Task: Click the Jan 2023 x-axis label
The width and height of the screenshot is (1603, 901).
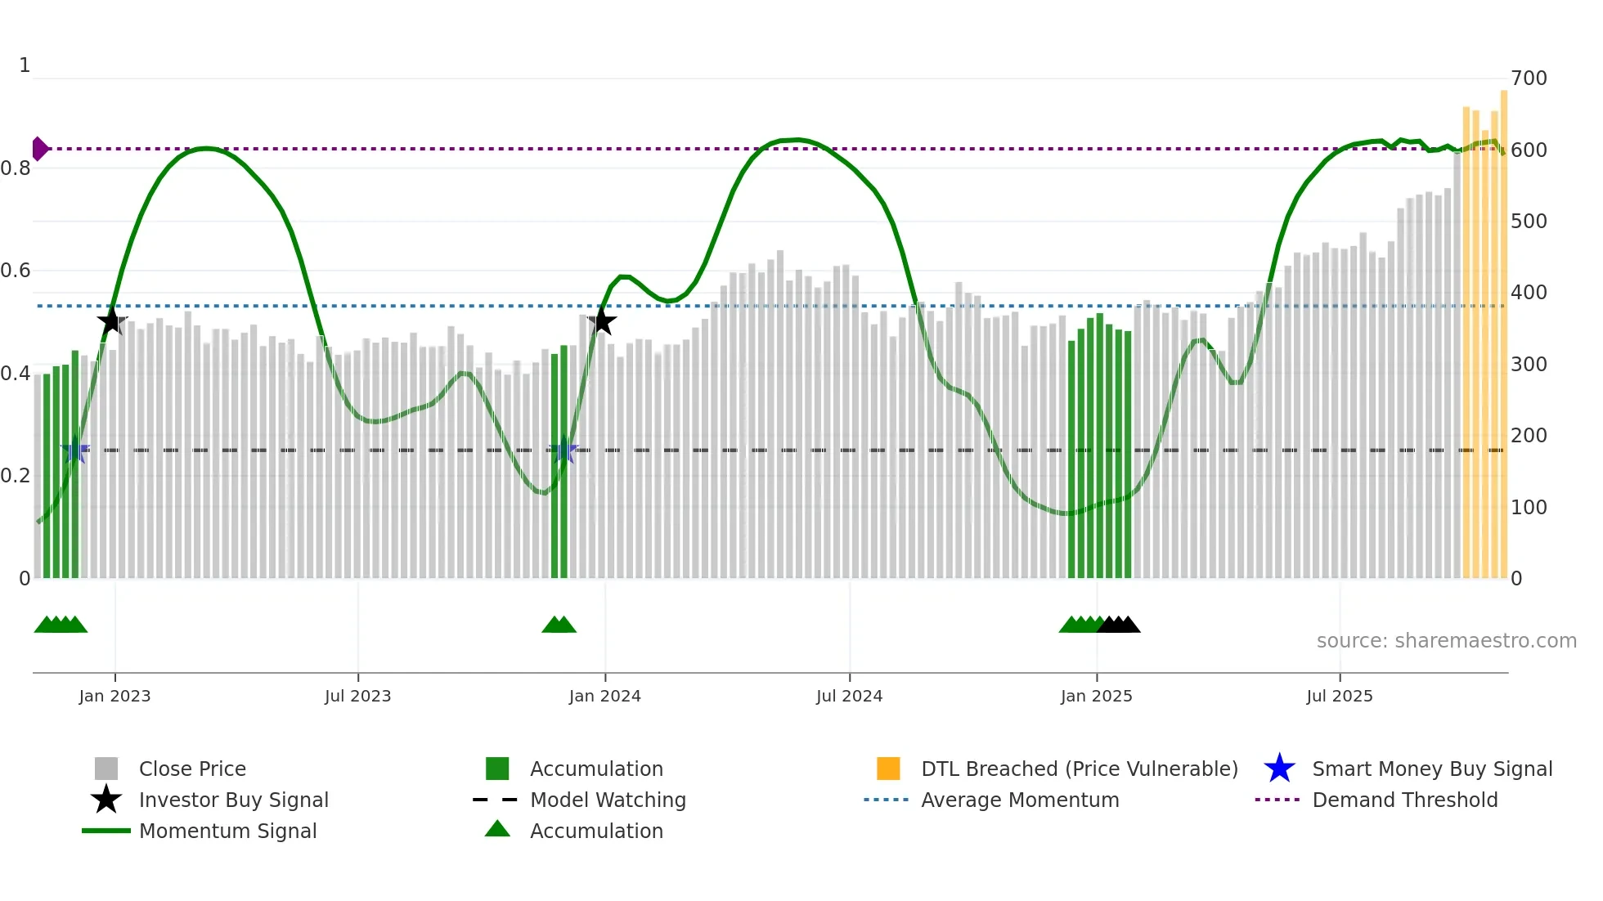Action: (114, 696)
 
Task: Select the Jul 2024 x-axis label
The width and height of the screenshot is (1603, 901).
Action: (849, 696)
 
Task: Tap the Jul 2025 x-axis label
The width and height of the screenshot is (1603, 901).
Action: (1339, 696)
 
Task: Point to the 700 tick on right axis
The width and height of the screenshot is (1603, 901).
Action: (1529, 78)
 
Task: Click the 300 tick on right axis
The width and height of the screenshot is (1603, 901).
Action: (1529, 365)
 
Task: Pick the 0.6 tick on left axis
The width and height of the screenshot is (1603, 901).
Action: (16, 271)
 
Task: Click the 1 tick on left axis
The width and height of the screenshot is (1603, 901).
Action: (25, 65)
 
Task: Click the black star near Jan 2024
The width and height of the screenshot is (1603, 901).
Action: (602, 321)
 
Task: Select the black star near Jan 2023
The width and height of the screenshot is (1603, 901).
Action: (112, 321)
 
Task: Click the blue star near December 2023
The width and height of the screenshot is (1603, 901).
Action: (563, 450)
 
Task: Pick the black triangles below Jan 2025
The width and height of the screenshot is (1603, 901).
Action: (1119, 625)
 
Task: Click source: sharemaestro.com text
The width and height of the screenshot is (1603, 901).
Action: (1446, 641)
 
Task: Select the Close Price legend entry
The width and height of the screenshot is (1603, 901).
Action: (191, 769)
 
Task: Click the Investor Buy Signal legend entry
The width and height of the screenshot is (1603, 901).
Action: (233, 800)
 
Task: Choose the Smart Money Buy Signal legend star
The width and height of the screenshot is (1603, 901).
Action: (1279, 769)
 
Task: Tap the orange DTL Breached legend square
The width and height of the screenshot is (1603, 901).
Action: (888, 769)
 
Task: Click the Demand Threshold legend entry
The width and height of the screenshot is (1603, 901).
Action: (1404, 800)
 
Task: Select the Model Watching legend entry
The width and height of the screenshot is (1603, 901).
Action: (607, 800)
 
